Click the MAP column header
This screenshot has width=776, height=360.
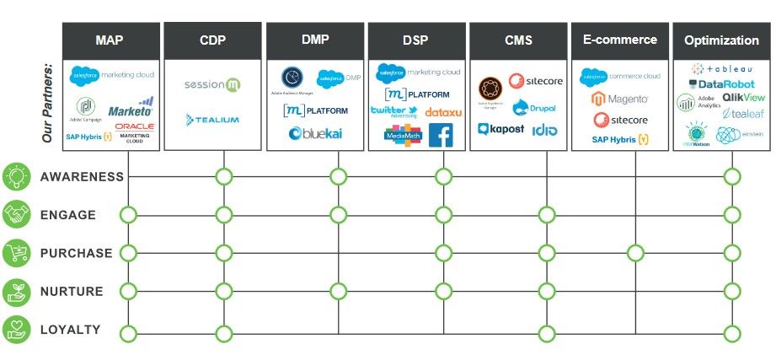coord(111,40)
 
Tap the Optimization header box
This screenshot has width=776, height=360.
coord(721,40)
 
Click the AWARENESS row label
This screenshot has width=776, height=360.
coord(82,177)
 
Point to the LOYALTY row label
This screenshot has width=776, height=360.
coord(71,330)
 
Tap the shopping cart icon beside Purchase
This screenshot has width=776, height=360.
coord(16,253)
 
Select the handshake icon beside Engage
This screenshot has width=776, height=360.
coord(16,215)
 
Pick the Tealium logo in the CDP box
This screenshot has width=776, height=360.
coord(212,120)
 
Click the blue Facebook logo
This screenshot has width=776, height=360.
coord(441,135)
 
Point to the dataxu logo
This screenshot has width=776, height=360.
coord(442,111)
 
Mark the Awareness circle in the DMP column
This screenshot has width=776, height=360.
coord(338,176)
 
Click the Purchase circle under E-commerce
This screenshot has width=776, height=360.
coord(635,253)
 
